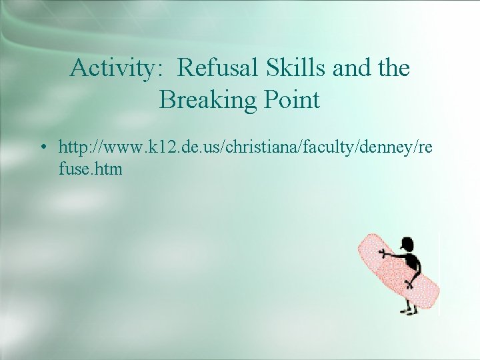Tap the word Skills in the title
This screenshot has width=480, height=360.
pos(294,68)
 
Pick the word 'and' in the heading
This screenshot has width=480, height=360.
pos(350,68)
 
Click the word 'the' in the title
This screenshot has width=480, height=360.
pos(394,68)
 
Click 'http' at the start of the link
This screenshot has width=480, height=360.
pos(73,146)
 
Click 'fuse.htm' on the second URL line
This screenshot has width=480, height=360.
pos(91,169)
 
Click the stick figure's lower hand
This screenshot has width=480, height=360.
pos(410,283)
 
